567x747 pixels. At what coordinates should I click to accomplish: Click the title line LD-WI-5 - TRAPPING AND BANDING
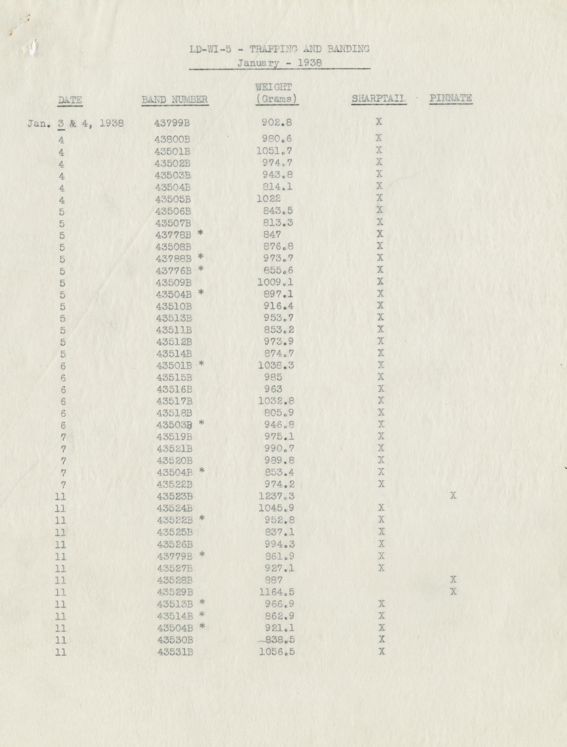[279, 49]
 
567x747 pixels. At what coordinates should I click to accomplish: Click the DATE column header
[70, 100]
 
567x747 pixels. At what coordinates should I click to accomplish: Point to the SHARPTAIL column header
[378, 99]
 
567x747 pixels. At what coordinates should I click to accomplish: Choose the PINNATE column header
[450, 98]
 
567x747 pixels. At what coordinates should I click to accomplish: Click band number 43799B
[172, 123]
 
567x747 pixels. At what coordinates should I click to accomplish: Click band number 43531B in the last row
[175, 652]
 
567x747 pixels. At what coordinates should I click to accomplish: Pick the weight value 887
[273, 580]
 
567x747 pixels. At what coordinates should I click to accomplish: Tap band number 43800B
[172, 139]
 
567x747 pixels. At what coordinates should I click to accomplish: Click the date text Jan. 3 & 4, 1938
[76, 124]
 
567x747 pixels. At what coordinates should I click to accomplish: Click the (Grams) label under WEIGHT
[277, 99]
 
